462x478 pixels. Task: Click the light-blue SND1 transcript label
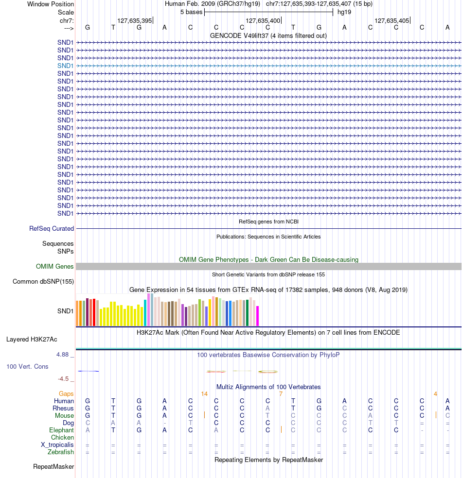pos(65,66)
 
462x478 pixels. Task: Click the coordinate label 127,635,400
pos(263,21)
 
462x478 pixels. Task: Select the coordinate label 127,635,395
pos(135,21)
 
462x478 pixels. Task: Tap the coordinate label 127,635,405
pos(391,21)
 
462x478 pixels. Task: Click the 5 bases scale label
pos(191,12)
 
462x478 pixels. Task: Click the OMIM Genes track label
pos(55,266)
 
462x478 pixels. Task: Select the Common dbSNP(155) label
pos(43,281)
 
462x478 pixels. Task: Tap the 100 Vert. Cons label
pos(27,366)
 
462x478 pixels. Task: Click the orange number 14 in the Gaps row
pos(204,393)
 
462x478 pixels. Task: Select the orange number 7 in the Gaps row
pos(281,393)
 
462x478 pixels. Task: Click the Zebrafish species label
pos(61,452)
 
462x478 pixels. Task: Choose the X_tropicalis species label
pos(57,445)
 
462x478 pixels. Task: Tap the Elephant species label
pos(61,430)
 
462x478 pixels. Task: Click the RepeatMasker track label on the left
pos(53,467)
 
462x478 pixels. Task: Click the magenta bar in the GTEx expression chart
pos(258,316)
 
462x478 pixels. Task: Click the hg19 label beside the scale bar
pos(344,12)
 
